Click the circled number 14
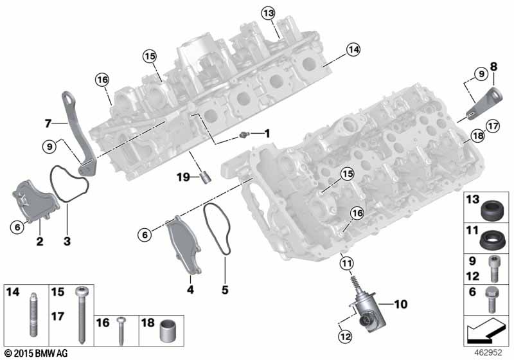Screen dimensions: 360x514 tap(352, 49)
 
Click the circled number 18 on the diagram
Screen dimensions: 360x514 tap(477, 136)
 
